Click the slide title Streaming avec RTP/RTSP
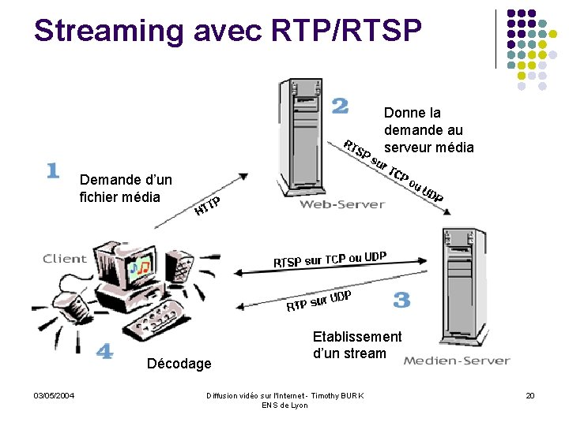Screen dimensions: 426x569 tap(228, 30)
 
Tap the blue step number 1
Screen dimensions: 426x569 tap(53, 170)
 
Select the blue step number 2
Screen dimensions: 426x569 tap(340, 106)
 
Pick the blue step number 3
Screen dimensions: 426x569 tap(401, 300)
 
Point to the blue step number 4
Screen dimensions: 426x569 tap(104, 352)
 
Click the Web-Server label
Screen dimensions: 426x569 tap(341, 204)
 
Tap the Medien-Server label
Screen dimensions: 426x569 tap(456, 361)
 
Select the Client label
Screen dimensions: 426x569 tap(65, 258)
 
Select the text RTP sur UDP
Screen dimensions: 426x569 tap(318, 301)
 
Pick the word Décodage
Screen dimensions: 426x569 tap(179, 364)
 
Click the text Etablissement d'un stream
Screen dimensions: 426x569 tap(357, 345)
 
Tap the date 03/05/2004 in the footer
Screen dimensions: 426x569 tap(54, 395)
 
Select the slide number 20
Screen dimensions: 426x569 tap(530, 395)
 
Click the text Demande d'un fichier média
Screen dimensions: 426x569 tap(126, 188)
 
